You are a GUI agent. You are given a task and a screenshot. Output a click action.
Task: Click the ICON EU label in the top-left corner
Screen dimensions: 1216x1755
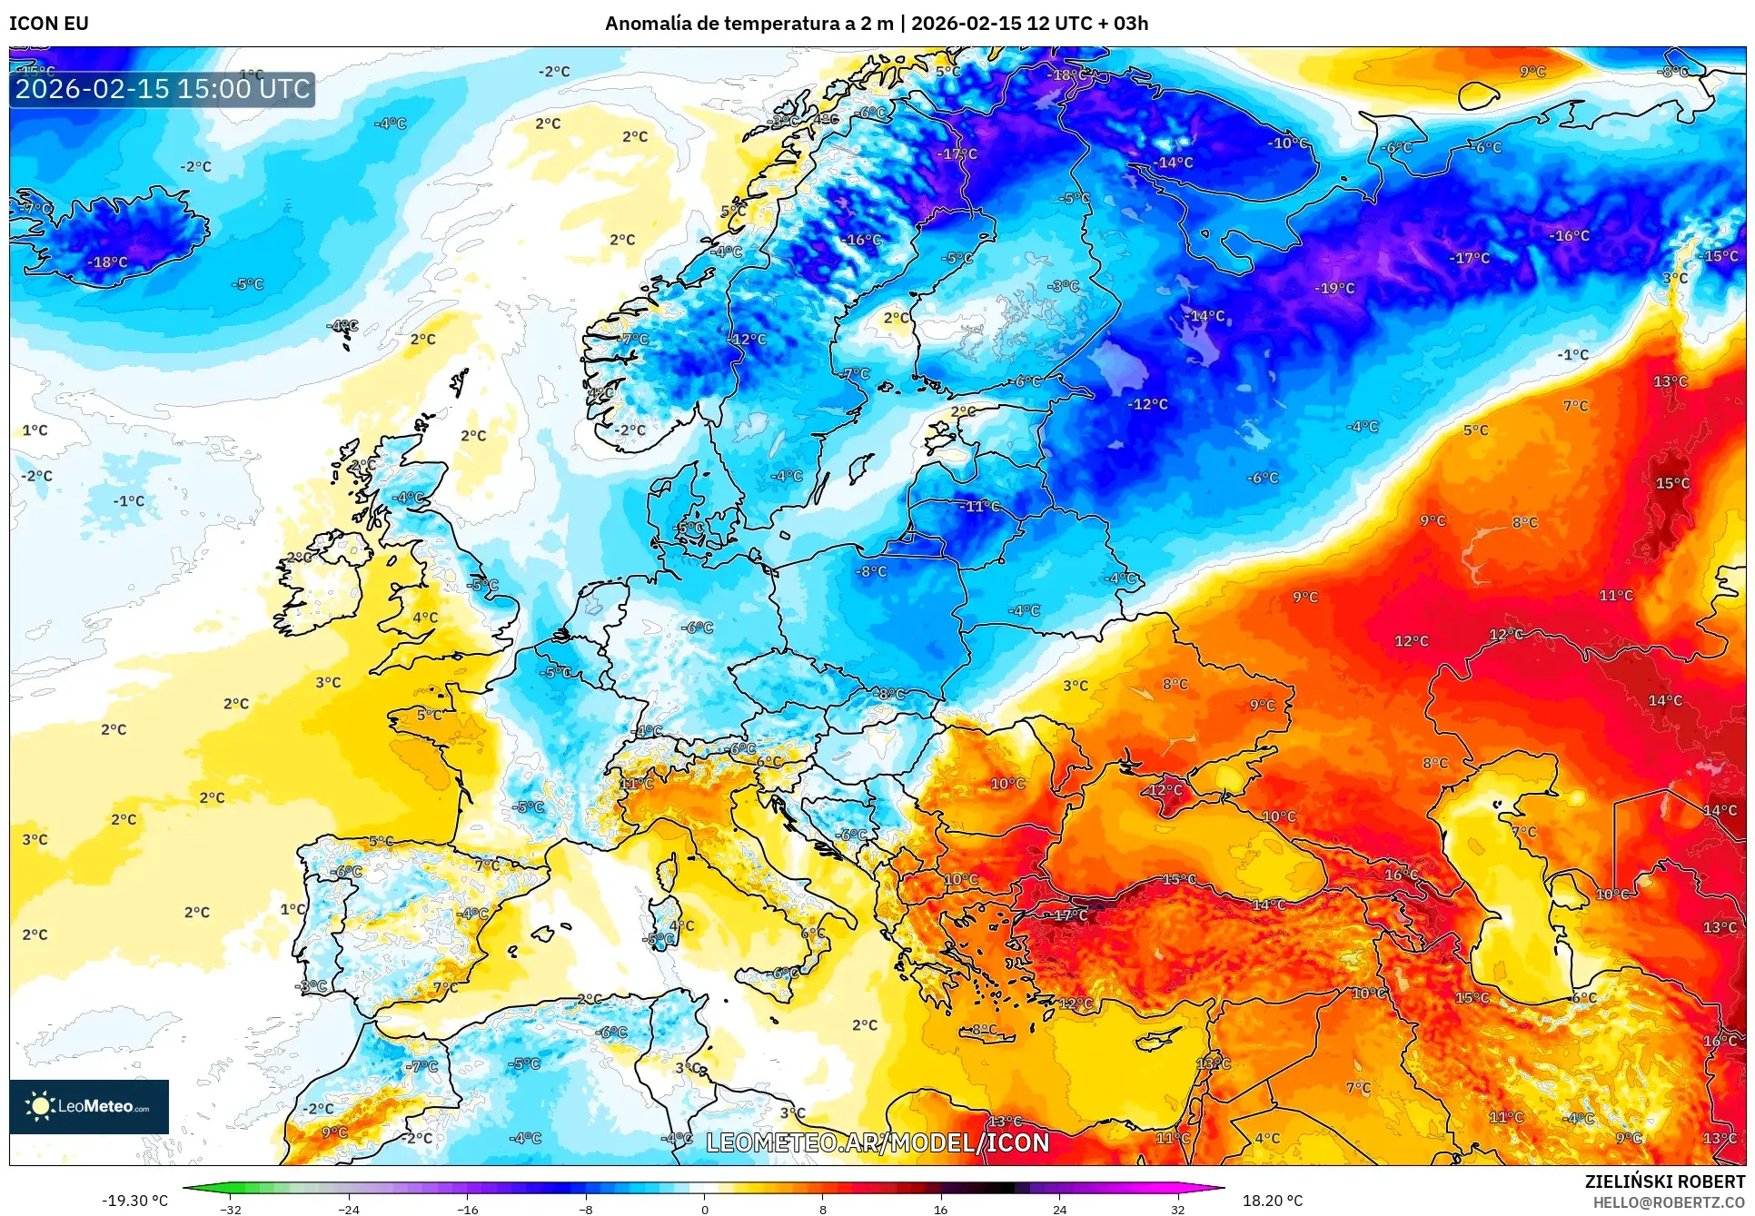pos(49,24)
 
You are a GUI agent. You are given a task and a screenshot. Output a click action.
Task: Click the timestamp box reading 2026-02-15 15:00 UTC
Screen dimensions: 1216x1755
pos(163,89)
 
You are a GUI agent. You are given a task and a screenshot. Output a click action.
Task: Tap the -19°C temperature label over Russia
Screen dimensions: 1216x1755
pos(1334,289)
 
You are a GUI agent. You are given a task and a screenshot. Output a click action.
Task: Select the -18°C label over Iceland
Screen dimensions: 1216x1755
pos(107,262)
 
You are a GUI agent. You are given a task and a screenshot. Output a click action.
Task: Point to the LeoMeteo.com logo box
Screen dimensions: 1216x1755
pos(89,1106)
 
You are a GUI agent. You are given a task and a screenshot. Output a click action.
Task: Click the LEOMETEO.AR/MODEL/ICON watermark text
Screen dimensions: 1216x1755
pos(877,1142)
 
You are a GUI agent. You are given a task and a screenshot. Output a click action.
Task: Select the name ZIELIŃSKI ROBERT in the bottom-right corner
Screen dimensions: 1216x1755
pos(1664,1181)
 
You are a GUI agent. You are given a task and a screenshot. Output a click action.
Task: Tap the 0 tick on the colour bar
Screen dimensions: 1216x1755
pos(704,1209)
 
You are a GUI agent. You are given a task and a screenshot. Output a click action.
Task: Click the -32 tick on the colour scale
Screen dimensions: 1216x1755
pos(231,1209)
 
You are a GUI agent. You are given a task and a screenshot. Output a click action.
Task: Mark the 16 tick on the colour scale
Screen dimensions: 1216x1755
pos(940,1209)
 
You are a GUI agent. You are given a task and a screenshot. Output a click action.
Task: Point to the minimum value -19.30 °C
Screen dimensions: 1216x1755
pos(134,1201)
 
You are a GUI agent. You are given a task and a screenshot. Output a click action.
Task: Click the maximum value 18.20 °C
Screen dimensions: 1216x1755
pos(1272,1201)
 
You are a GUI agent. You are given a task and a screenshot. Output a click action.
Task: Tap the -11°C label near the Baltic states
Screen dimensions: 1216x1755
pos(979,506)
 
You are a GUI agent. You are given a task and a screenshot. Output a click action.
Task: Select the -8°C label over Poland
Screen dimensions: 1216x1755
pos(870,571)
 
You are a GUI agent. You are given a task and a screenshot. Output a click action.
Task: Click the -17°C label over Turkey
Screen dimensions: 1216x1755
pos(1069,915)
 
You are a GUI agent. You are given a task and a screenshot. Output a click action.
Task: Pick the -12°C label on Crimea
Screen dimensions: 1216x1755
pos(1164,790)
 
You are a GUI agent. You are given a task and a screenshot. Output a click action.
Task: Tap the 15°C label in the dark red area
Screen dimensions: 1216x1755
pos(1671,483)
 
